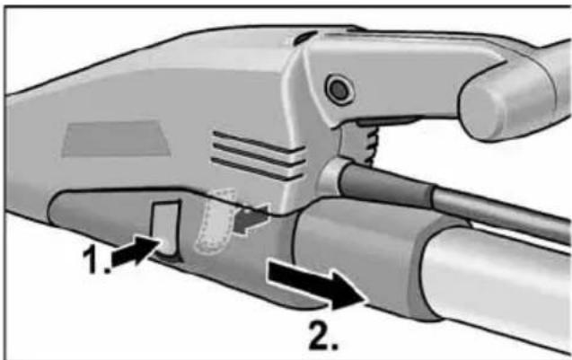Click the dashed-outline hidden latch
point(212,224)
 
